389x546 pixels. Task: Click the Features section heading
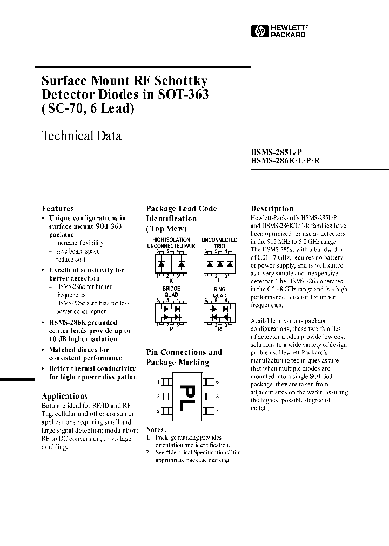(x=58, y=208)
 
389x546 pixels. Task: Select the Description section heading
(x=272, y=208)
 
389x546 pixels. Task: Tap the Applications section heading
(x=64, y=395)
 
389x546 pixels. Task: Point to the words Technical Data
(x=82, y=135)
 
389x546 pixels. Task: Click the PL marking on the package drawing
(x=189, y=398)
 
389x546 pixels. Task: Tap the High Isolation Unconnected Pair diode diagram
(x=171, y=264)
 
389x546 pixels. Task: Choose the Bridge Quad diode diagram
(x=171, y=311)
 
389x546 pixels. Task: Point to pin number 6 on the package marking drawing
(x=218, y=382)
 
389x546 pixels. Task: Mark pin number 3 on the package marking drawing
(x=158, y=412)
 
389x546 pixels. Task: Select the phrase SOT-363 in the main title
(x=183, y=94)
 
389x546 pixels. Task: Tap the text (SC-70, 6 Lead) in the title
(x=88, y=108)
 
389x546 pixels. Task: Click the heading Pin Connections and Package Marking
(x=184, y=357)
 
